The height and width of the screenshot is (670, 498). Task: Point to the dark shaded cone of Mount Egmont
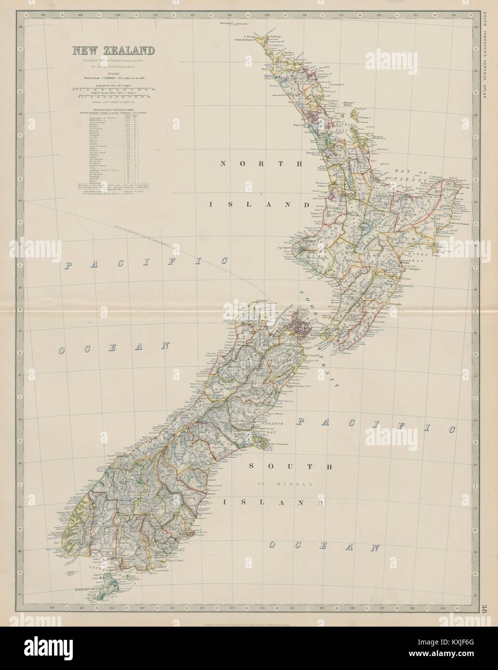click(x=301, y=250)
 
